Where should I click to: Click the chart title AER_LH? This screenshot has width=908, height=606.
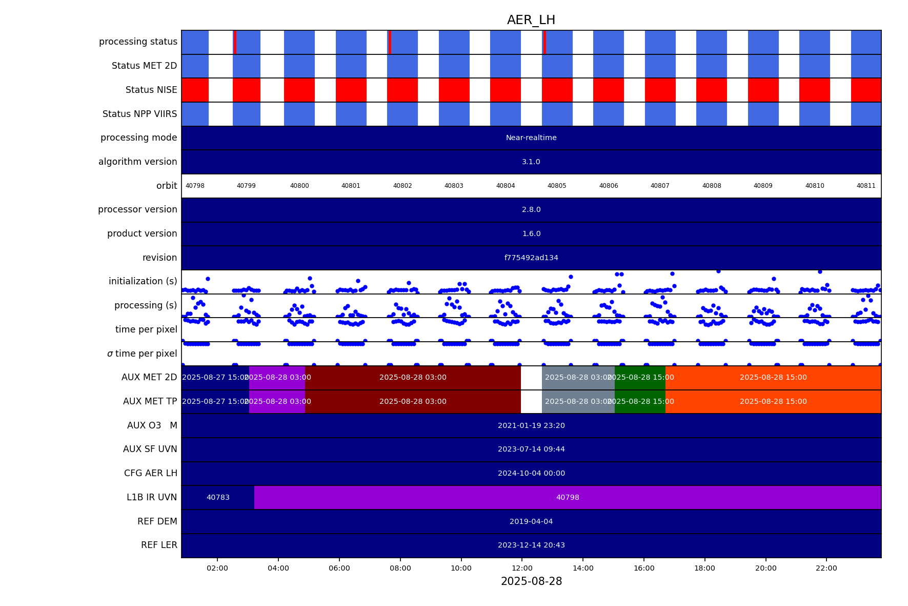531,20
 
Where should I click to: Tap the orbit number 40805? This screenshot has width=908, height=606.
557,186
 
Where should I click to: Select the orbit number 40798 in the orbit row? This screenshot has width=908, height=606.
195,186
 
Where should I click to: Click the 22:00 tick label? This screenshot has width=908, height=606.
826,568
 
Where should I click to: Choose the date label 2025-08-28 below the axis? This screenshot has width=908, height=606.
531,581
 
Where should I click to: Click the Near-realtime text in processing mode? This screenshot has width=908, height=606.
531,138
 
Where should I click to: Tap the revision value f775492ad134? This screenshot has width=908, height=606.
531,258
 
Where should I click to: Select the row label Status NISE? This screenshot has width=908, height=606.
151,90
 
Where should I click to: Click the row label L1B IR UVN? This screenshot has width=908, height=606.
152,497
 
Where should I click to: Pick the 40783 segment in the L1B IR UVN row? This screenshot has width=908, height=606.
218,497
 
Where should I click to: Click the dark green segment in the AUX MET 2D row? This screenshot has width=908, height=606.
640,378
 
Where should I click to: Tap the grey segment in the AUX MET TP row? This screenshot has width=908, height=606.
578,402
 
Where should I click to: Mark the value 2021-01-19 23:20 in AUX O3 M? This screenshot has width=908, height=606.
531,425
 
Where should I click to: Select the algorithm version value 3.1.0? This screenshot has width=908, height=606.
531,162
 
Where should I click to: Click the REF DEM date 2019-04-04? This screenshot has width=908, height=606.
531,521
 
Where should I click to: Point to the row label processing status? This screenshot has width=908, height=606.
138,42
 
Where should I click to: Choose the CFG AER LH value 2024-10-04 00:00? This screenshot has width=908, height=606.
531,473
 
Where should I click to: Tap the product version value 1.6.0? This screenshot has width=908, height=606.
531,234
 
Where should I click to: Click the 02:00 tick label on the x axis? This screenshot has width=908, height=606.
217,568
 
